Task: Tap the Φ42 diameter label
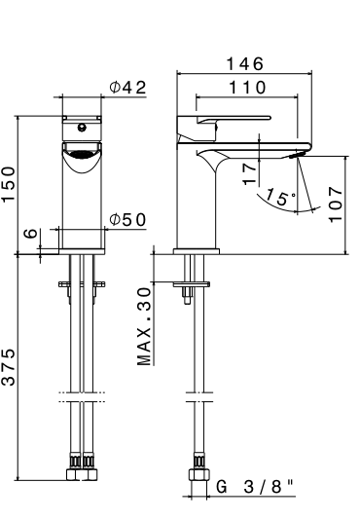(127, 88)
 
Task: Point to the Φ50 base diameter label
(127, 219)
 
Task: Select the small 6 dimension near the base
(30, 234)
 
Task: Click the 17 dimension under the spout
(251, 174)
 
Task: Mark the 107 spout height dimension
(337, 204)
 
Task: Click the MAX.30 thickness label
(145, 326)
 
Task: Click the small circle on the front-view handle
(83, 125)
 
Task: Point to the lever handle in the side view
(219, 120)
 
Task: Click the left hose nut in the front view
(72, 475)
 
